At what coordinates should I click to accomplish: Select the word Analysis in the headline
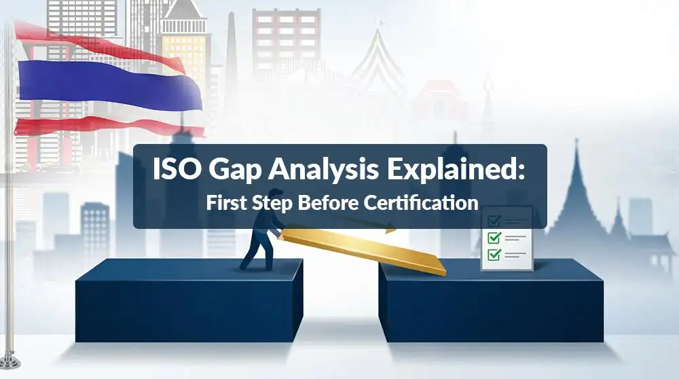(323, 170)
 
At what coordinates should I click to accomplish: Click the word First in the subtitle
(223, 202)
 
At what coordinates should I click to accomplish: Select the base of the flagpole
(10, 361)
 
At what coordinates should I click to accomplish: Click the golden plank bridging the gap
(364, 250)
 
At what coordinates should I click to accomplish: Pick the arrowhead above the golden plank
(390, 230)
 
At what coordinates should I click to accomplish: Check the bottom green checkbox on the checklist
(494, 254)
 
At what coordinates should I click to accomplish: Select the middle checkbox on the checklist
(494, 237)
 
